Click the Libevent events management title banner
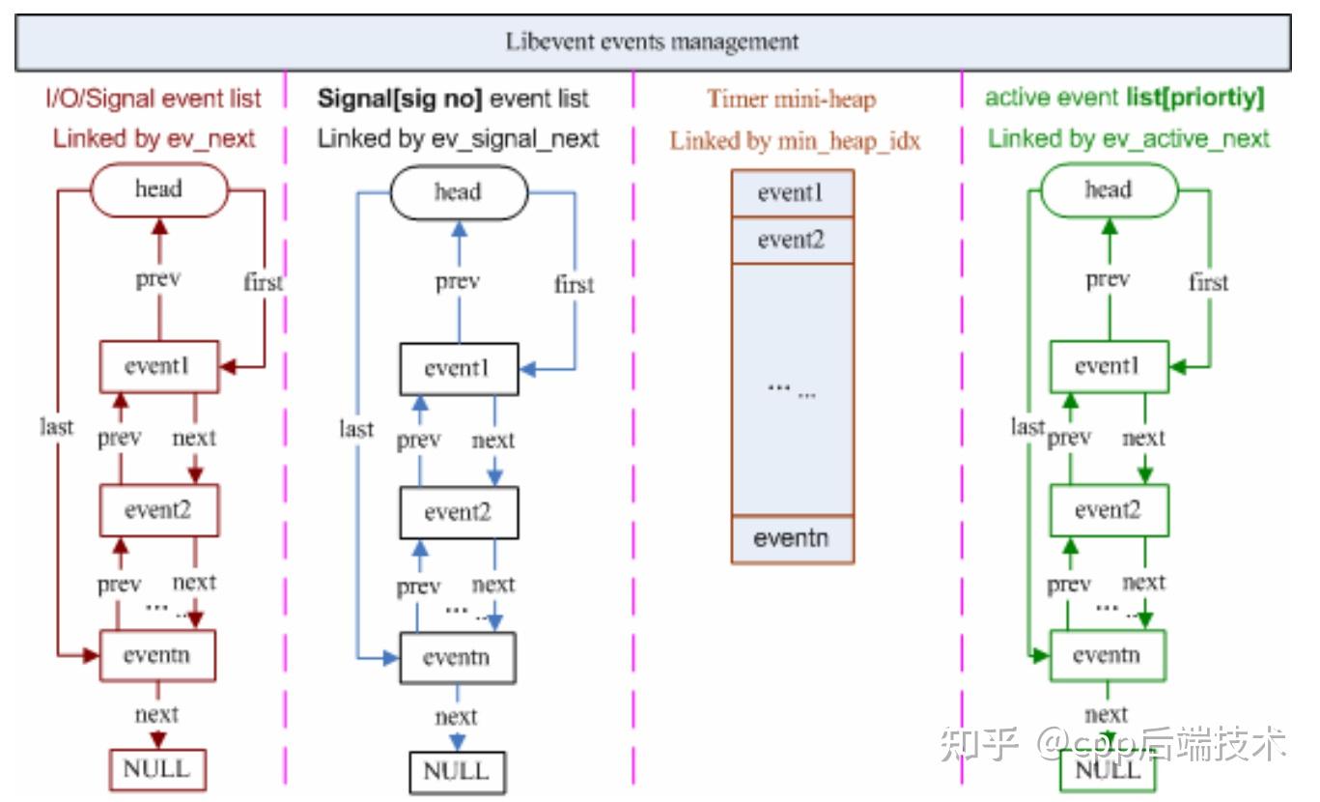coord(653,43)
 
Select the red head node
coord(158,189)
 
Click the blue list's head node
coord(458,192)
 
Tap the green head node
coord(1108,189)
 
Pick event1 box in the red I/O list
coord(159,367)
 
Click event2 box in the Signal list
coord(459,512)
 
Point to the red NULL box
coord(156,770)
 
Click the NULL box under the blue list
coord(457,772)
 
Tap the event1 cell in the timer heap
coord(792,193)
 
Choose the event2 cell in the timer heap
coord(792,240)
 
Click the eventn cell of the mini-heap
coord(792,539)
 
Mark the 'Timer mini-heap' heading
coord(791,99)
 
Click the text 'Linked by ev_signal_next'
coord(459,139)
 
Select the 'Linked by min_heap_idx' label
coord(795,141)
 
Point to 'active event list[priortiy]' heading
coord(1124,99)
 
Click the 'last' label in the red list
coord(57,426)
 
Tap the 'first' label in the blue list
coord(574,285)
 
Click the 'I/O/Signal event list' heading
coord(154,99)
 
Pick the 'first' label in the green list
coord(1208,283)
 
